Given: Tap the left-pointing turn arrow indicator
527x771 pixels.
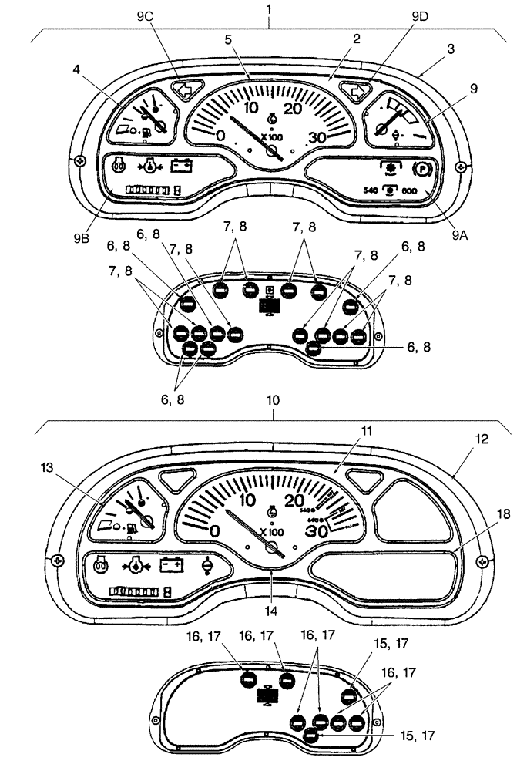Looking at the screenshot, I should [x=184, y=89].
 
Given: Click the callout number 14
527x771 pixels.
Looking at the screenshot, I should [x=270, y=610].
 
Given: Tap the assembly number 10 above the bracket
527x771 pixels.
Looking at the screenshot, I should [x=274, y=402].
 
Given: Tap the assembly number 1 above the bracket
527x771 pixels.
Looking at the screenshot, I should [x=270, y=8].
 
